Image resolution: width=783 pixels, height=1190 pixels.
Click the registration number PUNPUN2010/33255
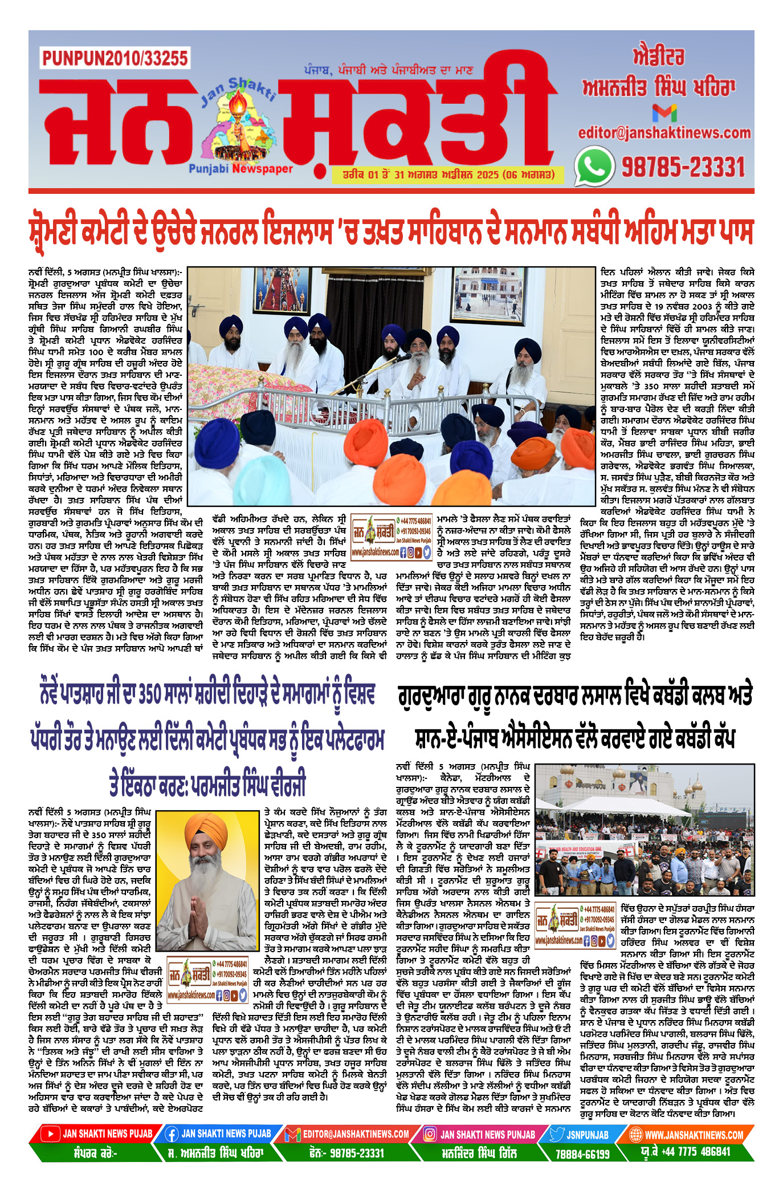115,58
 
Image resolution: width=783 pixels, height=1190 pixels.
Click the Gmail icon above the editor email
664,112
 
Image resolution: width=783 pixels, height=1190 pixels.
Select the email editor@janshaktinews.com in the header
664,133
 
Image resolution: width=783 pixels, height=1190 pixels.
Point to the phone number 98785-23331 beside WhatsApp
683,167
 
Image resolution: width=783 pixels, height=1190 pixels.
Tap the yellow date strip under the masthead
448,174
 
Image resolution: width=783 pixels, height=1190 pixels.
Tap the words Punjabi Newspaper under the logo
240,169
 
